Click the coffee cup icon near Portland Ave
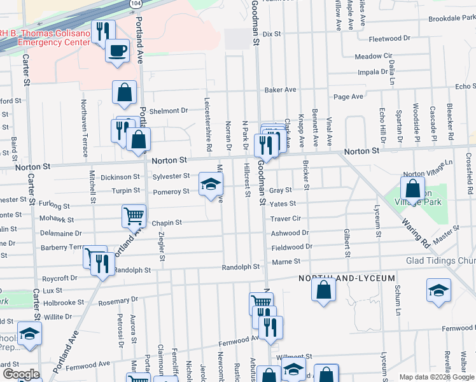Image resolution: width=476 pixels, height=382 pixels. coord(117,51)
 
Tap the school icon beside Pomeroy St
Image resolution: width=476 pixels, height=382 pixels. coord(211,185)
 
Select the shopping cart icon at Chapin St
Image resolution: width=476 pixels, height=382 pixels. coord(134,216)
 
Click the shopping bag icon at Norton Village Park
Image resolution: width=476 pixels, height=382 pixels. coord(412,188)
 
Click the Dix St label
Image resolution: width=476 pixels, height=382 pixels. coord(272,34)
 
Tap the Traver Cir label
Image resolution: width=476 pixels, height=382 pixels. coord(284,218)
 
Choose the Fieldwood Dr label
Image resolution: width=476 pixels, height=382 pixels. coord(291,246)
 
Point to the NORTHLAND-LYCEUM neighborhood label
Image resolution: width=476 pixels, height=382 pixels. coord(347,279)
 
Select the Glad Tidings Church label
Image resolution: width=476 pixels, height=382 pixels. coord(441,261)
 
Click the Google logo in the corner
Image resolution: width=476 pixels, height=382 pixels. coord(20,374)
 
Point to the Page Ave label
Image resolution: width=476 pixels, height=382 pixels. coord(348,97)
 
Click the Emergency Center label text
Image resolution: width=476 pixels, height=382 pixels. coord(48,42)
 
